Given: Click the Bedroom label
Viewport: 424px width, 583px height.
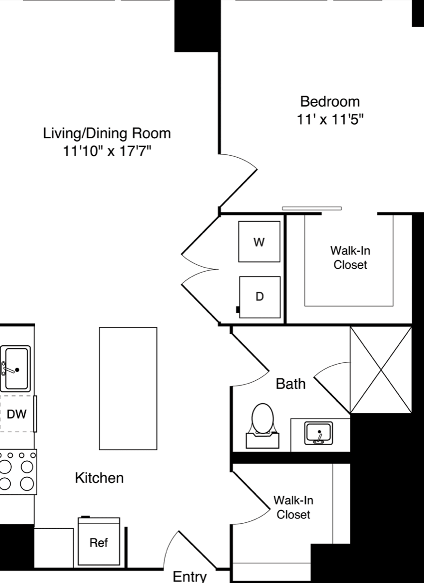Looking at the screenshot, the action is point(330,102).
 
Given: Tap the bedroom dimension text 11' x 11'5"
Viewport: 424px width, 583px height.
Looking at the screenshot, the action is point(330,120).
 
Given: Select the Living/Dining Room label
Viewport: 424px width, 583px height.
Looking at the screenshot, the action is point(107,133).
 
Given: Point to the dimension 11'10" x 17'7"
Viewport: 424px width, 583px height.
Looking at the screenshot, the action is point(107,151).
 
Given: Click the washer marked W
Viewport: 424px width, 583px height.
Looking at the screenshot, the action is point(259,242).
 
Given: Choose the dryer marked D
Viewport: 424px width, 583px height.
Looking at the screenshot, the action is point(260,297).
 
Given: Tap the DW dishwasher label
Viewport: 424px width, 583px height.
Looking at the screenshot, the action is point(16,414).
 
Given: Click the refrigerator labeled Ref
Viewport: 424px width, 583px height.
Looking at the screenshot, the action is point(99,542).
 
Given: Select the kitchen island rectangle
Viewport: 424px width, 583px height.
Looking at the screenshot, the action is point(128,389).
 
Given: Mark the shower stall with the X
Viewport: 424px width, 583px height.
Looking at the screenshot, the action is point(381,370).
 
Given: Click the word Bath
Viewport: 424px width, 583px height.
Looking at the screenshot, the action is point(291,384).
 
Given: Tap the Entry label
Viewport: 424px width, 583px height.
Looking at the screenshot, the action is point(190,576).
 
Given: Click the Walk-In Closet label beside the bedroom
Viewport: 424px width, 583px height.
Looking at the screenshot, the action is point(350,258).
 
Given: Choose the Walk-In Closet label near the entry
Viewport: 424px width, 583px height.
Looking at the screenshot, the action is point(293,507).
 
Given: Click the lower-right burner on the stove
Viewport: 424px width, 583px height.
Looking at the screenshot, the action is point(27,484).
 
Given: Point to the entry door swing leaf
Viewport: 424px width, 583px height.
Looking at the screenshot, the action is point(197,550).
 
